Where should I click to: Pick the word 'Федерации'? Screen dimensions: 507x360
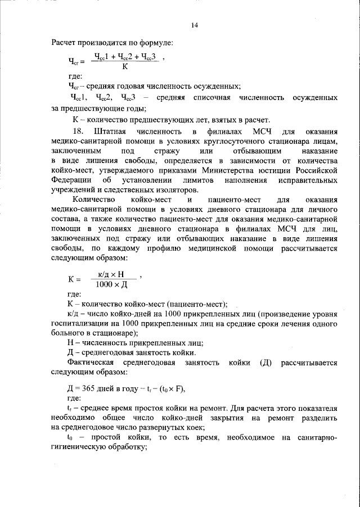(x=71, y=182)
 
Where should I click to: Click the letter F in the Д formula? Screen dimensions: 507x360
(x=178, y=390)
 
